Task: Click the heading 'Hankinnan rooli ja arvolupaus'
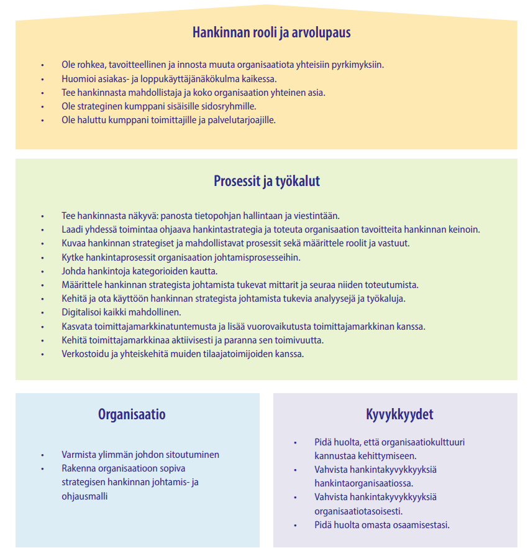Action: tap(271, 32)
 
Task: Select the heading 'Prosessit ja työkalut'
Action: tap(266, 182)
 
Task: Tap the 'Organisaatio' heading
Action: tap(132, 414)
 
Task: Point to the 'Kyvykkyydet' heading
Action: tap(399, 414)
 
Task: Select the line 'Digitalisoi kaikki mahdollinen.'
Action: tap(121, 312)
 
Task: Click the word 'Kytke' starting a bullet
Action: tap(73, 258)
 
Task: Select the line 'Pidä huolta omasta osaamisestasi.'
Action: tap(381, 524)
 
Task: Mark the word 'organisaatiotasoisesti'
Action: tap(358, 511)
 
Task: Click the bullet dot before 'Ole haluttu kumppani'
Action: tap(42, 120)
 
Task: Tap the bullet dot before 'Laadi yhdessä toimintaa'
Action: tap(42, 230)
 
